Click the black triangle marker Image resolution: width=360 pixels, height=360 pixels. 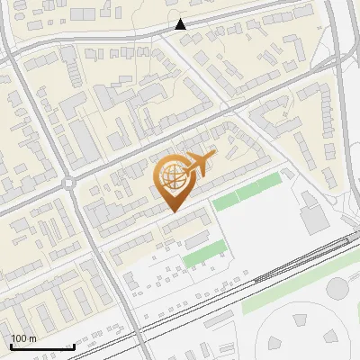tap(181, 24)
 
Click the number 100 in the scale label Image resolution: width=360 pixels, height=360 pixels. tap(19, 338)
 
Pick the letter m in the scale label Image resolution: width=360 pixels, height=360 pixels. tap(33, 338)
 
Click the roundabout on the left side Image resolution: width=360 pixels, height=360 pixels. tap(70, 184)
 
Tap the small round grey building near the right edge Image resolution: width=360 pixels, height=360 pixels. tap(337, 288)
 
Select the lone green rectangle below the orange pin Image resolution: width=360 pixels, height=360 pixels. tap(202, 253)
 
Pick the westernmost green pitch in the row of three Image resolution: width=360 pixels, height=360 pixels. tap(225, 202)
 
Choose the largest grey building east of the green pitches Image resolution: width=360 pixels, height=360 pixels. tap(314, 219)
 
